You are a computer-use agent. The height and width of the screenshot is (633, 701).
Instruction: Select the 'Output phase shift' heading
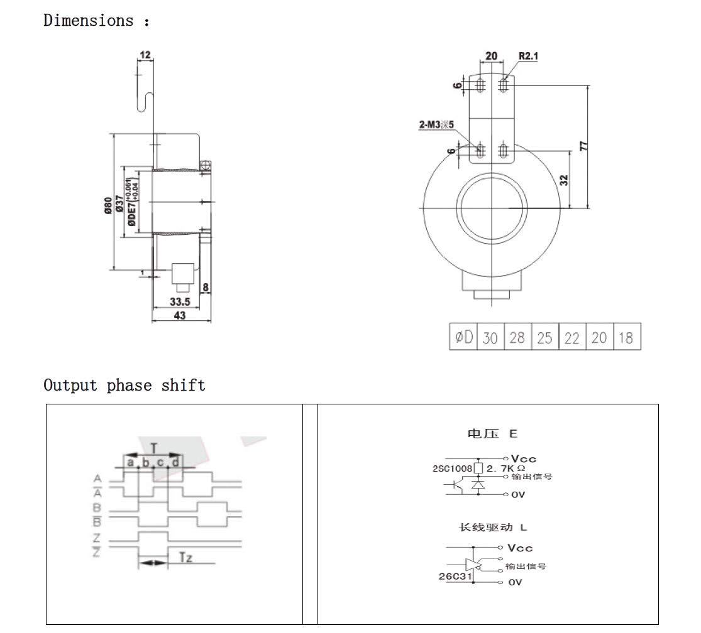tap(124, 385)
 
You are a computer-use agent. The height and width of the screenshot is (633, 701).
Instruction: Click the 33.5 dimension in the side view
tap(180, 301)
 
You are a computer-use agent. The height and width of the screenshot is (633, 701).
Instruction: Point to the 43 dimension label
tap(180, 315)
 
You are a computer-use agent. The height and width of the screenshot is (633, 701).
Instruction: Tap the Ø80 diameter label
tap(108, 205)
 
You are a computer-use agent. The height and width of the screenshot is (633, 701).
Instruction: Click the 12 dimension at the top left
tap(145, 55)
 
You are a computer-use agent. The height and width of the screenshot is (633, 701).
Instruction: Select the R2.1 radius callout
tap(529, 56)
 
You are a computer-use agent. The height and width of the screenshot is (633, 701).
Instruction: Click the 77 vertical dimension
tap(583, 146)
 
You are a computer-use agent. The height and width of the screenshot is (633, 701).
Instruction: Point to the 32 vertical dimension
tap(564, 179)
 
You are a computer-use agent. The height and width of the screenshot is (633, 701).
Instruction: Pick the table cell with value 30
tap(490, 338)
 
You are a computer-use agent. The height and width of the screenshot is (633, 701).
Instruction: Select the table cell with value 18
tap(626, 338)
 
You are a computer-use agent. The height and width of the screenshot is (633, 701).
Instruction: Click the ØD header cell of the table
tap(463, 338)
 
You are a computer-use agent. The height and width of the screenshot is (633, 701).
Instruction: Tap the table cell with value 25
tap(544, 338)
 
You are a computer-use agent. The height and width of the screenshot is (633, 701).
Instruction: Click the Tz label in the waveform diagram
tap(185, 557)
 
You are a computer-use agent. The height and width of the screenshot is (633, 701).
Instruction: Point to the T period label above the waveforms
tap(153, 447)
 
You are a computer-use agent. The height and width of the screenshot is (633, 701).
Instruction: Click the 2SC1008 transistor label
tap(452, 468)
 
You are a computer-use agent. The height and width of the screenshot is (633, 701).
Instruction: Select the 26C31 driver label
tap(455, 576)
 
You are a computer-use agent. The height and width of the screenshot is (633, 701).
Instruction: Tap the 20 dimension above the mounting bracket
tap(491, 56)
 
